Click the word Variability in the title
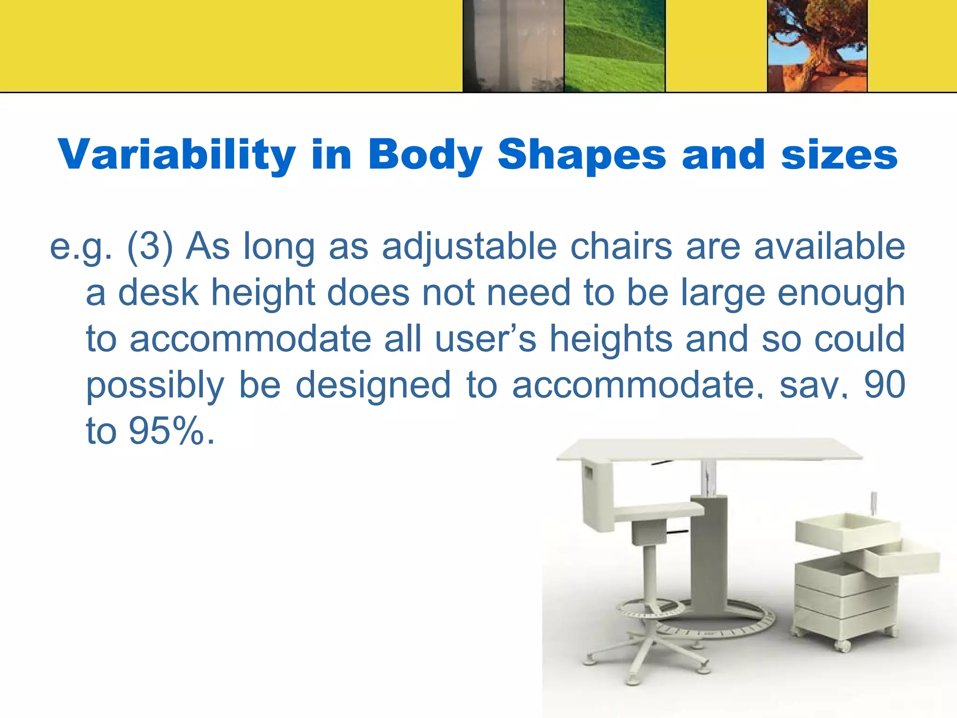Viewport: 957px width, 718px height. click(177, 155)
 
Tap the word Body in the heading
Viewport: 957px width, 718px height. click(425, 155)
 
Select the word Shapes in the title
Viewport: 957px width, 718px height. click(581, 155)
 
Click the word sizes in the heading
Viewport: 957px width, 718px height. click(839, 155)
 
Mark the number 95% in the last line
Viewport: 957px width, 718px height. click(166, 430)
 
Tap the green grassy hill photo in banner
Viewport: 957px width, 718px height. click(614, 45)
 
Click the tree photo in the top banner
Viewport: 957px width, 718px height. click(817, 45)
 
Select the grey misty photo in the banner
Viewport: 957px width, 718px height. click(513, 45)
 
